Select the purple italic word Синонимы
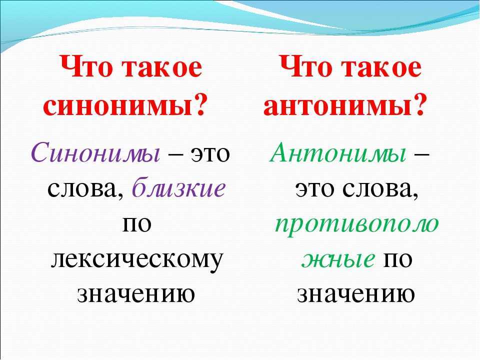click(x=95, y=152)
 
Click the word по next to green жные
click(x=397, y=259)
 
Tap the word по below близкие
click(x=137, y=224)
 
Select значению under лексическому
click(x=136, y=294)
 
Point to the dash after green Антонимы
click(x=422, y=153)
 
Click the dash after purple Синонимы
click(x=175, y=153)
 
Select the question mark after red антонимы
click(x=417, y=104)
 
